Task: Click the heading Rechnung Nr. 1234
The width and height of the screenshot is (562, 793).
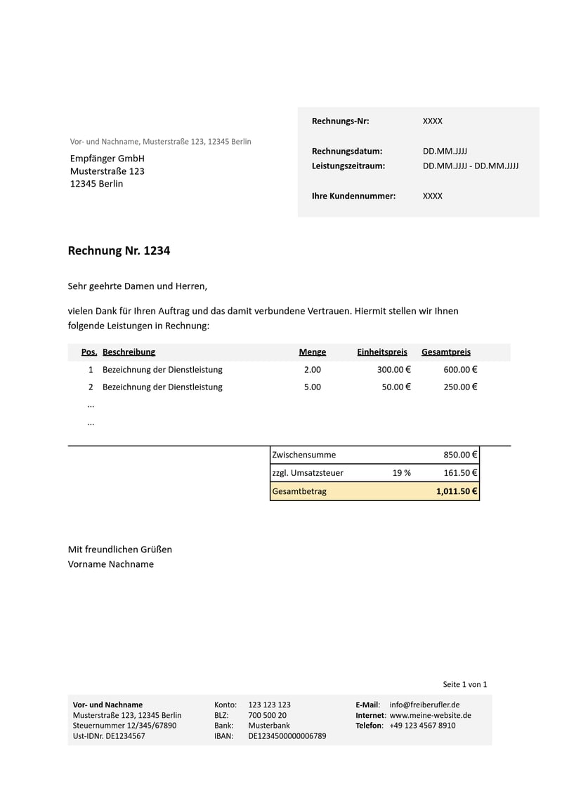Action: coord(119,251)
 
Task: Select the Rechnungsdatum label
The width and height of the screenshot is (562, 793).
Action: coord(347,151)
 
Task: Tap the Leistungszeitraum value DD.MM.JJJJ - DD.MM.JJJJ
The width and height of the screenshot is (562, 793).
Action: coord(471,166)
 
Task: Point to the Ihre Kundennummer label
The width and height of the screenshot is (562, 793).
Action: coord(353,196)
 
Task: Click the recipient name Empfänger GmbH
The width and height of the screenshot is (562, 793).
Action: coord(107,159)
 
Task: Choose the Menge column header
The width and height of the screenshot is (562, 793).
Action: coord(313,352)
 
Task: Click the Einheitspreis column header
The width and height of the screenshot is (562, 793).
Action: coord(382,352)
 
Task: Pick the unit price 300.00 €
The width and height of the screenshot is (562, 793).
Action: coord(394,370)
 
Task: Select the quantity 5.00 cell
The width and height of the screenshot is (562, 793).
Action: coord(313,387)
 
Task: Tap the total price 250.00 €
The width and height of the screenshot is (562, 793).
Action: coord(460,387)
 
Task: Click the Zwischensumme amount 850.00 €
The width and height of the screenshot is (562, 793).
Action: coord(460,455)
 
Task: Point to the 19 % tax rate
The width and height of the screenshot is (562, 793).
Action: coord(402,473)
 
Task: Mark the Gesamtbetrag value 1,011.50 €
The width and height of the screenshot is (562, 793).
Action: coord(457,492)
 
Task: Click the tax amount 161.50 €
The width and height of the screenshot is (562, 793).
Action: coord(460,473)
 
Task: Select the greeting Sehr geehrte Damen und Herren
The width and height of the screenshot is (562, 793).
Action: coord(138,286)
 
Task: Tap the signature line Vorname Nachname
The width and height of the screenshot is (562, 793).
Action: coord(111,564)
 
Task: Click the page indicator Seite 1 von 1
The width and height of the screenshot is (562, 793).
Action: coord(465,684)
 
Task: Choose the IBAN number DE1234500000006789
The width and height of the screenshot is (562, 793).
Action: coord(287,736)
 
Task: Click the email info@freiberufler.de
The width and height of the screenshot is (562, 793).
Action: coord(425,705)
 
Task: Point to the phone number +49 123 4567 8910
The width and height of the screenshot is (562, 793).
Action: coord(422,726)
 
